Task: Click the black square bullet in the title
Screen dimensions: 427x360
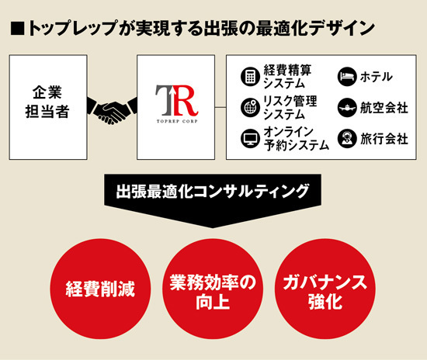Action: pos(17,29)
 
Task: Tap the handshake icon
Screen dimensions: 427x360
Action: pos(112,110)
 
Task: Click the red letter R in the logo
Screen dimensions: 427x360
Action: pos(186,100)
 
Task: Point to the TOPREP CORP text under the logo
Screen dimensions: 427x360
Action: pos(177,121)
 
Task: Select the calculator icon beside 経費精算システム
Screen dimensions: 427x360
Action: pos(250,77)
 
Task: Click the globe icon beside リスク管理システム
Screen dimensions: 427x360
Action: pos(250,108)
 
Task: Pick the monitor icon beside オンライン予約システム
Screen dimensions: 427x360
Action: pos(250,139)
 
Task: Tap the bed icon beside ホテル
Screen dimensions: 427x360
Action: pos(347,77)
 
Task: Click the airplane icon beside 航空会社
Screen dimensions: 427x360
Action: pos(347,108)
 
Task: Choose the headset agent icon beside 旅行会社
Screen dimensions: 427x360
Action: pos(347,139)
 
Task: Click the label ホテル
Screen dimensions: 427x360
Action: pos(377,77)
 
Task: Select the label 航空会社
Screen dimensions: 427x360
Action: pos(384,108)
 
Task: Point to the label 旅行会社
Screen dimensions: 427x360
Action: pos(384,139)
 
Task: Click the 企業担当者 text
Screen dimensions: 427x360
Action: pos(47,102)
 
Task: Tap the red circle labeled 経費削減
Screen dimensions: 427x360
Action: pos(100,289)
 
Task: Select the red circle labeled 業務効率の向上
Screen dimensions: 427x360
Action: pos(213,289)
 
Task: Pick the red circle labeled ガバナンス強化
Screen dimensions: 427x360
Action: pos(325,289)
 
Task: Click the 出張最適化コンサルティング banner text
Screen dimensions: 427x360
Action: pos(213,192)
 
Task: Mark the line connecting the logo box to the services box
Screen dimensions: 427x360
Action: pos(220,108)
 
